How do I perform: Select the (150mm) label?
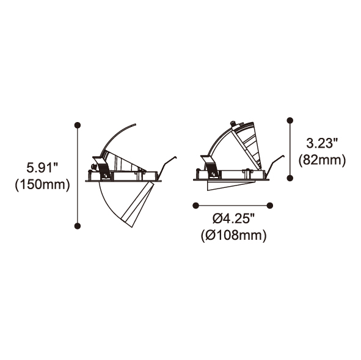(x=42, y=184)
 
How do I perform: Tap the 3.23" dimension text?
(x=322, y=143)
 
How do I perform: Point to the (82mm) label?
(x=322, y=160)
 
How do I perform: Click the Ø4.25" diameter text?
(x=233, y=218)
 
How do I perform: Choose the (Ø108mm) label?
(x=233, y=236)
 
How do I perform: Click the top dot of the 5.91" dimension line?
(x=78, y=125)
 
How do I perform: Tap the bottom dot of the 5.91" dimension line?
(x=78, y=226)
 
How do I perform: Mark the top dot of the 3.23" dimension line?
(x=290, y=120)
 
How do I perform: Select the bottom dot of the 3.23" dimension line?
(x=290, y=178)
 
